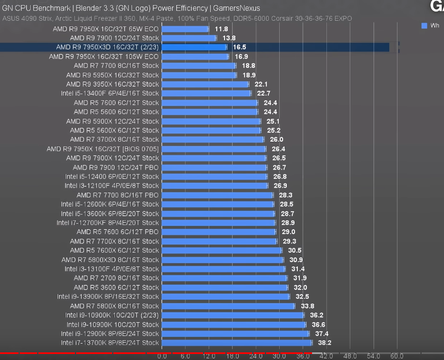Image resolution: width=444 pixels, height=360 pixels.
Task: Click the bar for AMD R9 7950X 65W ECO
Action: [185, 28]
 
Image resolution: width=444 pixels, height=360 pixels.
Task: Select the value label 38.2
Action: [325, 343]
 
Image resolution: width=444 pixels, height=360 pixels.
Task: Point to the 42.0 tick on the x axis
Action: [326, 356]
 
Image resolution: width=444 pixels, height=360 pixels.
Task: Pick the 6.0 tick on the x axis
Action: [185, 356]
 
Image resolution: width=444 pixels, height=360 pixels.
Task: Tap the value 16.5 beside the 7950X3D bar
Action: [240, 48]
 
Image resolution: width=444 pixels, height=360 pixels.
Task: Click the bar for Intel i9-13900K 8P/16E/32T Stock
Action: [226, 297]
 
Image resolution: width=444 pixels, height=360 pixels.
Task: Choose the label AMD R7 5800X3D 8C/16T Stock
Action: [110, 259]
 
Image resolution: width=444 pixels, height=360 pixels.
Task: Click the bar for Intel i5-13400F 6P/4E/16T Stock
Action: [206, 94]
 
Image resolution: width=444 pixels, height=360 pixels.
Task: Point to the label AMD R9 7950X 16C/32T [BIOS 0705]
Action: [103, 149]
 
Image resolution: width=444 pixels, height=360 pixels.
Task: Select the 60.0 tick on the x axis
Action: [396, 356]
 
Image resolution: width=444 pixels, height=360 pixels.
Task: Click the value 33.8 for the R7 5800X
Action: [308, 306]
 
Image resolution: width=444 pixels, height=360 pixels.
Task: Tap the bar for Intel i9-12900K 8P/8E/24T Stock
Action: [235, 334]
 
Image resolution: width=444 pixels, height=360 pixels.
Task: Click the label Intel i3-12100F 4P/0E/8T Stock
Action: [112, 185]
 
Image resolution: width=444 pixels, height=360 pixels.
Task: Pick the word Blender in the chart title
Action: [89, 8]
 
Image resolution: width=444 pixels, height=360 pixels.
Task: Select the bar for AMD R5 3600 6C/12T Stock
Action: [224, 287]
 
